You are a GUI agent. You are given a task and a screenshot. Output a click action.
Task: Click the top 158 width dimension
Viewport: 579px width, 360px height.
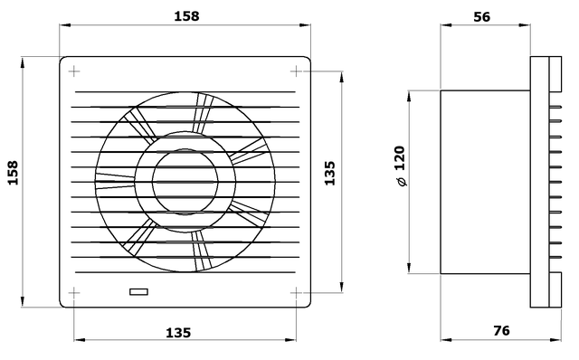coord(186,16)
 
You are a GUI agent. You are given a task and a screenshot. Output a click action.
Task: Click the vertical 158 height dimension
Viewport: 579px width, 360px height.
coord(13,173)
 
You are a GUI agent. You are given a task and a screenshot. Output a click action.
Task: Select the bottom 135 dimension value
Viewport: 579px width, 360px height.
coord(178,333)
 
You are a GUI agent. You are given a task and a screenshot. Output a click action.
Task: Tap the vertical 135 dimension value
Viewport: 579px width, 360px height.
coord(329,173)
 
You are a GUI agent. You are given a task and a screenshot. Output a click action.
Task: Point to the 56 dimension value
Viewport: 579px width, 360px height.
coord(482,17)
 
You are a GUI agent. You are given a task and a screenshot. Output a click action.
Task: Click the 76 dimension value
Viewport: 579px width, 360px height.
coord(501,330)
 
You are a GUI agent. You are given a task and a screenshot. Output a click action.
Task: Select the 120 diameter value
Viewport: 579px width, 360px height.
coord(400,158)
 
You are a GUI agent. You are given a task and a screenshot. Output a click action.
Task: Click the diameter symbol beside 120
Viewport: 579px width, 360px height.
coord(402,182)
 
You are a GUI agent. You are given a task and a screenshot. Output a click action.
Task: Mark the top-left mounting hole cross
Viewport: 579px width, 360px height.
coord(74,71)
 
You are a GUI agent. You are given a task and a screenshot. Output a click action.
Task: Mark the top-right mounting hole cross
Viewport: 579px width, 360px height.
coord(296,71)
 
